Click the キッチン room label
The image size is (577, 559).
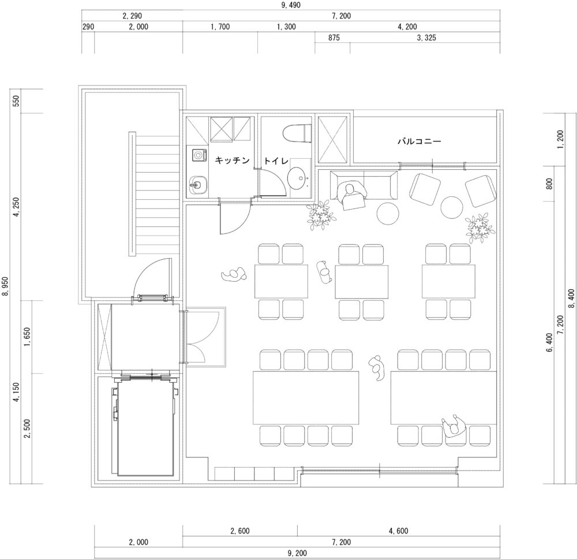[232, 160]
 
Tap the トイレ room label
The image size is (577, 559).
[276, 161]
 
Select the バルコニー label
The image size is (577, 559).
[419, 141]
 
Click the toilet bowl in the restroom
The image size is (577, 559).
[297, 133]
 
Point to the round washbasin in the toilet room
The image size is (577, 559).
[299, 178]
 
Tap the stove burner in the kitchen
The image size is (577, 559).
[198, 154]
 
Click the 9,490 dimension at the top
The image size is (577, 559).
[291, 5]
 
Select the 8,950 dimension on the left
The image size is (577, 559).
[6, 286]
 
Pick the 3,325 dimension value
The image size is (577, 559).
[426, 38]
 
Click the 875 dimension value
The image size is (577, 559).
[334, 38]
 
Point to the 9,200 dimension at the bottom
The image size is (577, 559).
[297, 553]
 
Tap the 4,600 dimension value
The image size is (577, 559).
[399, 531]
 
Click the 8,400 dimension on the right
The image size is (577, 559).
[571, 299]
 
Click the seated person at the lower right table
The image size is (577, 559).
[454, 426]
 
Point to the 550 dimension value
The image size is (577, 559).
[16, 100]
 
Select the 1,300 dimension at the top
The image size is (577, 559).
[286, 27]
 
